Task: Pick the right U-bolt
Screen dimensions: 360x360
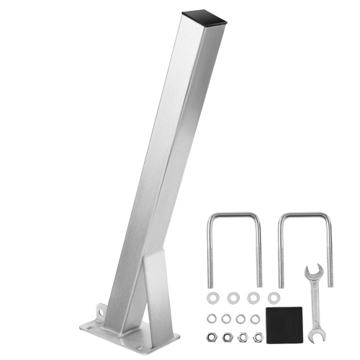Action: click(302, 216)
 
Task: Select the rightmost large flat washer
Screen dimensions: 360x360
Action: click(273, 297)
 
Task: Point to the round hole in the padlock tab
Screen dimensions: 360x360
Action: click(101, 311)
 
